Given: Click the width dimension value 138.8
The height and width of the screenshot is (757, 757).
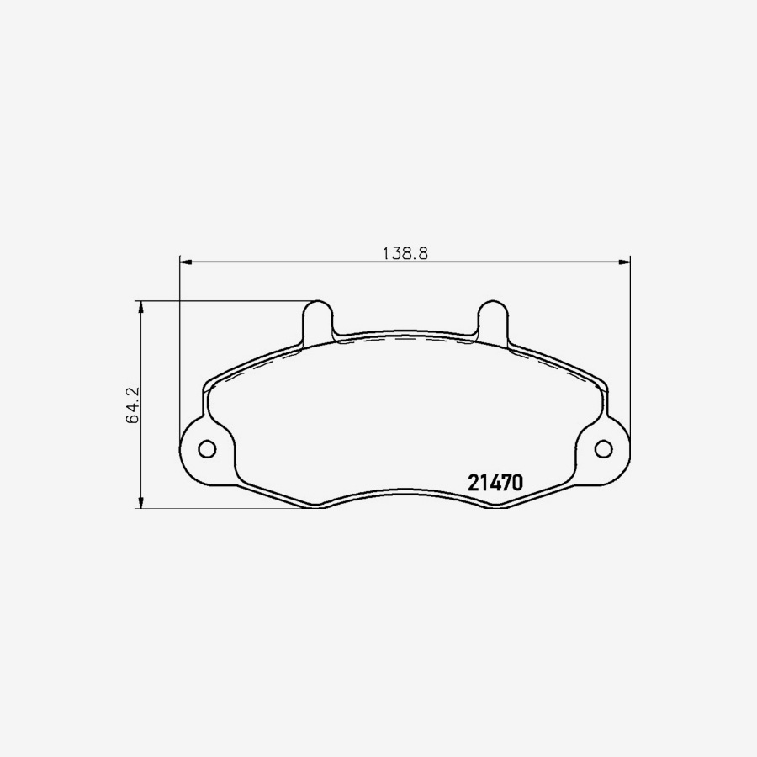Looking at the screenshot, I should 405,251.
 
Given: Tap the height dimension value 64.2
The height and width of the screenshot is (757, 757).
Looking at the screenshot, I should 131,405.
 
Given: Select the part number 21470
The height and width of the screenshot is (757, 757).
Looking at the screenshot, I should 496,483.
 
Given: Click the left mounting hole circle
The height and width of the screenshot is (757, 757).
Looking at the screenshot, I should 206,448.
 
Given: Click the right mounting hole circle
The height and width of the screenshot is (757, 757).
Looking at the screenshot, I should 604,448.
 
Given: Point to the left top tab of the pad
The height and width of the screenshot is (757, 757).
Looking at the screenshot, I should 318,320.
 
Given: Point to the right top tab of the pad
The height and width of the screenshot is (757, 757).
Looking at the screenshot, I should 492,320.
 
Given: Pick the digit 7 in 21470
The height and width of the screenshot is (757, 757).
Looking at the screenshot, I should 507,483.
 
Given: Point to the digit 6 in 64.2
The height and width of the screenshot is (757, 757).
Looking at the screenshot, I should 131,417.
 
